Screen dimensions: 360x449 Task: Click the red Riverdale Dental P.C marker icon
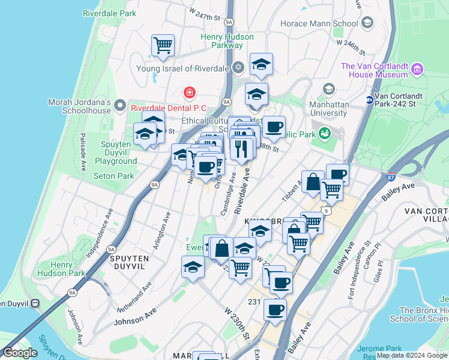coord(190,92)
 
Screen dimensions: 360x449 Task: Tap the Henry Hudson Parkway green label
coord(222,41)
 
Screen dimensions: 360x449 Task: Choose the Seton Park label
coord(114,176)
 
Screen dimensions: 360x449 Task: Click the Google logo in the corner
coord(20,353)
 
